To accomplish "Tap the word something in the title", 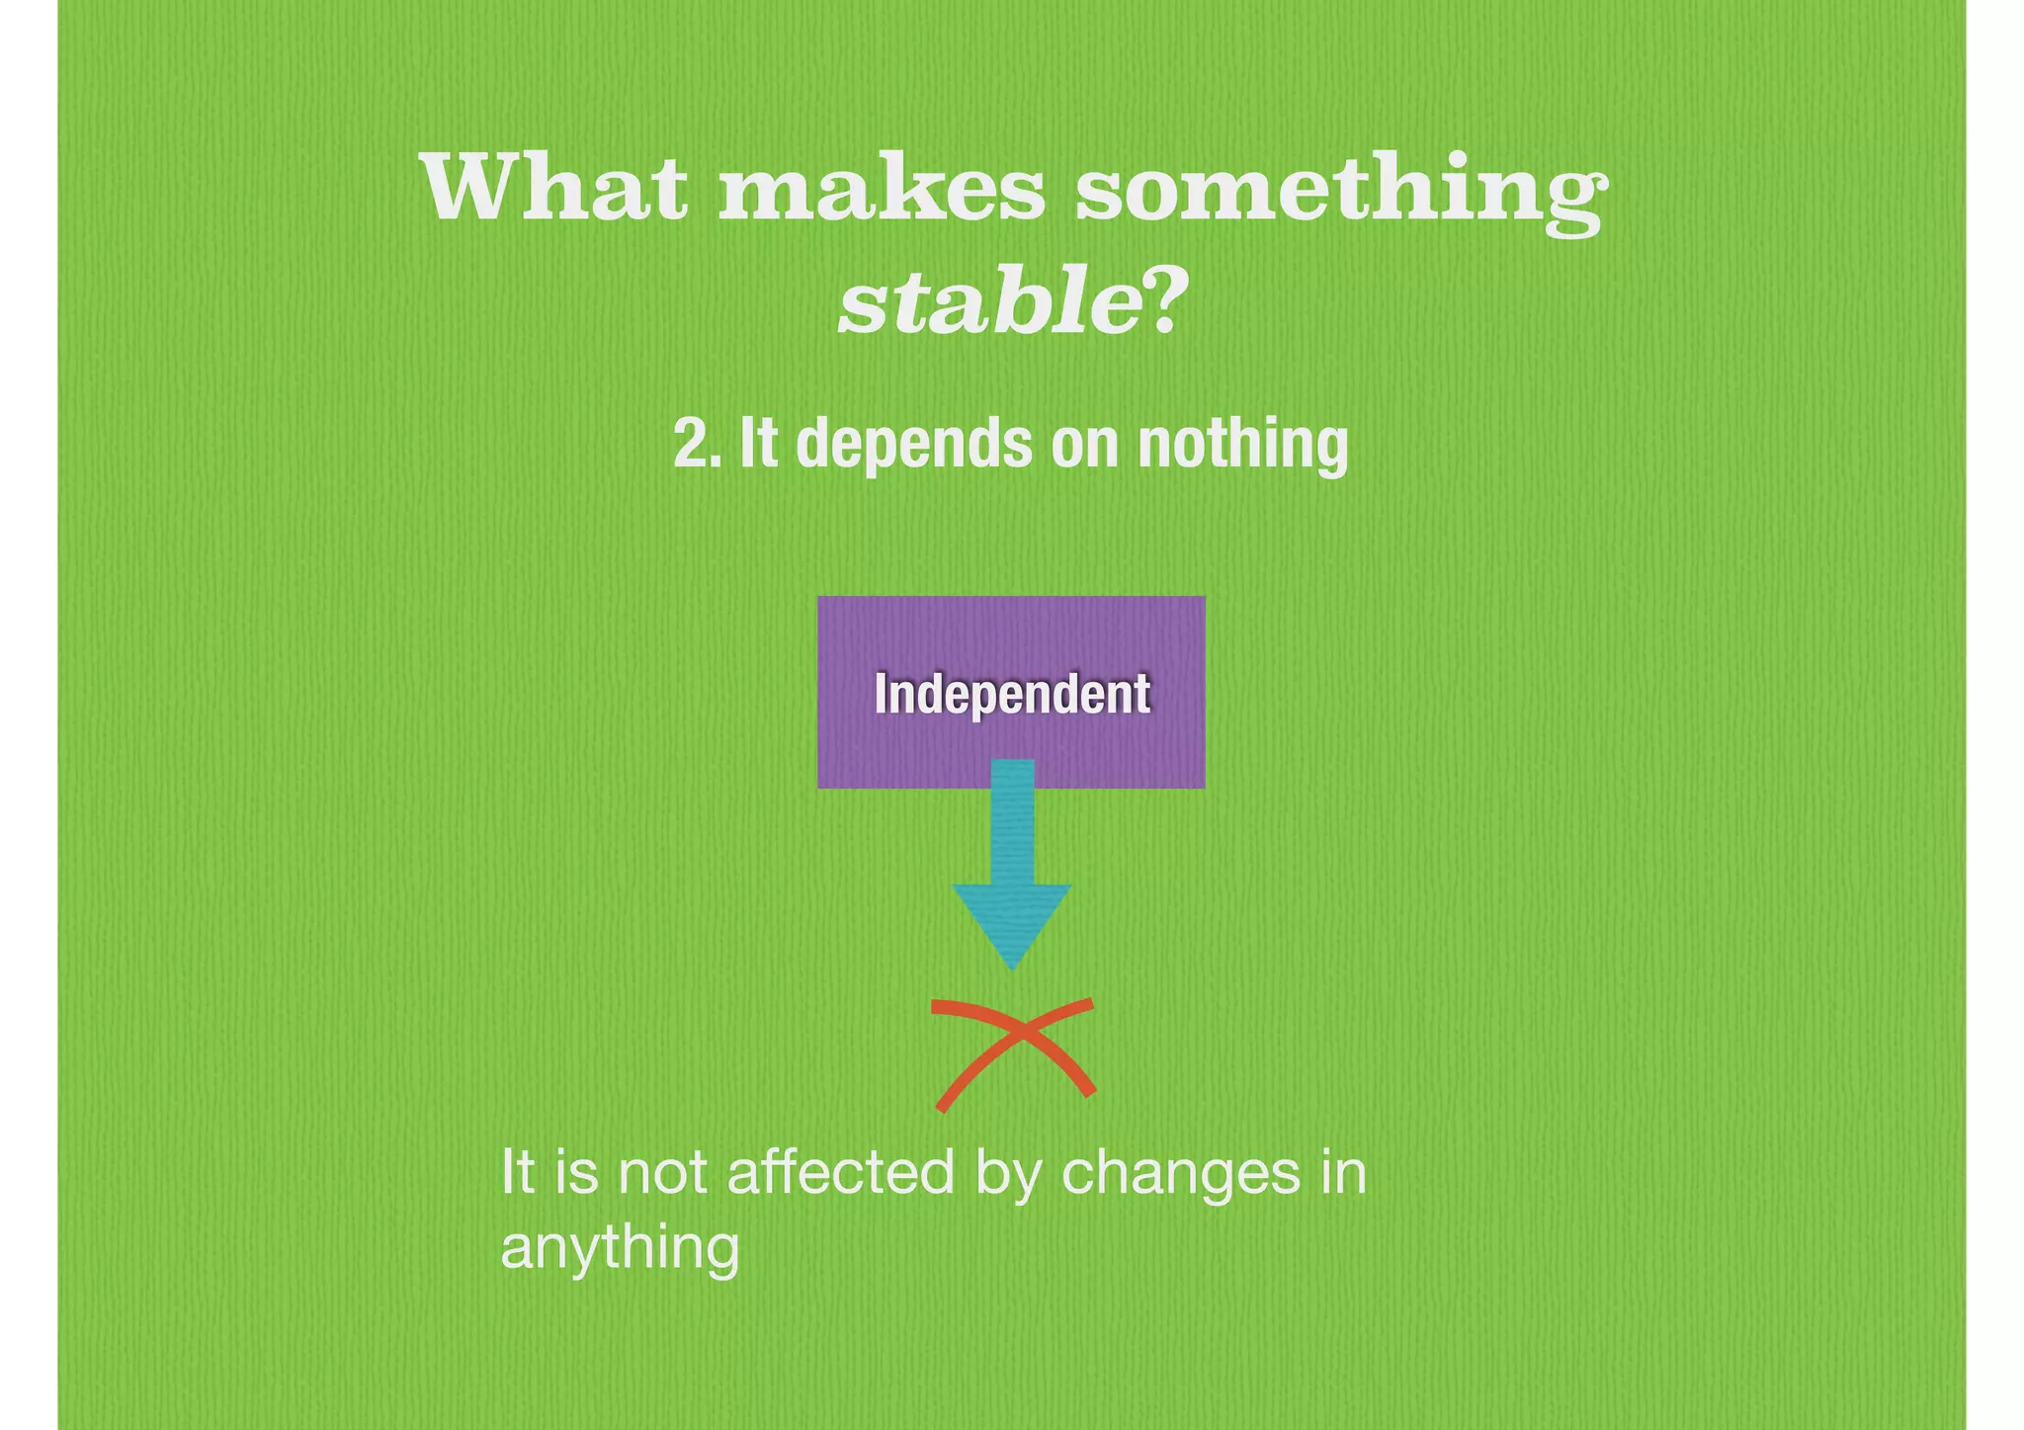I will click(x=1339, y=193).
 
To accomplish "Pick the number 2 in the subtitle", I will click(x=688, y=444).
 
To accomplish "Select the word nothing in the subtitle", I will click(x=1242, y=447).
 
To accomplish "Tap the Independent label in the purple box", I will click(x=1012, y=694).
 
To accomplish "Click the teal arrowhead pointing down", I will click(x=1012, y=920).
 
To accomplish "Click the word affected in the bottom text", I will click(x=840, y=1173).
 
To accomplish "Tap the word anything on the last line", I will click(x=620, y=1249).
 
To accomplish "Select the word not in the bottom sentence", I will click(x=661, y=1175).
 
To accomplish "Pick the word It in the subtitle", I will click(x=759, y=444).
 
